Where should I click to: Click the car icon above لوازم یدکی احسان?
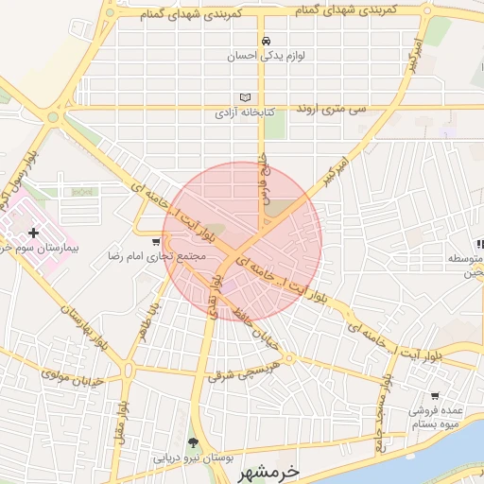268,41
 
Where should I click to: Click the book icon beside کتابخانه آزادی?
246,97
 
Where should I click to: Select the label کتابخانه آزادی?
245,112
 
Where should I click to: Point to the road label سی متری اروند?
356,109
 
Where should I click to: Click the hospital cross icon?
34,232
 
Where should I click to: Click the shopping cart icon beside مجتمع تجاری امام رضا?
156,242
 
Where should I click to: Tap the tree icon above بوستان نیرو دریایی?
194,443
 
